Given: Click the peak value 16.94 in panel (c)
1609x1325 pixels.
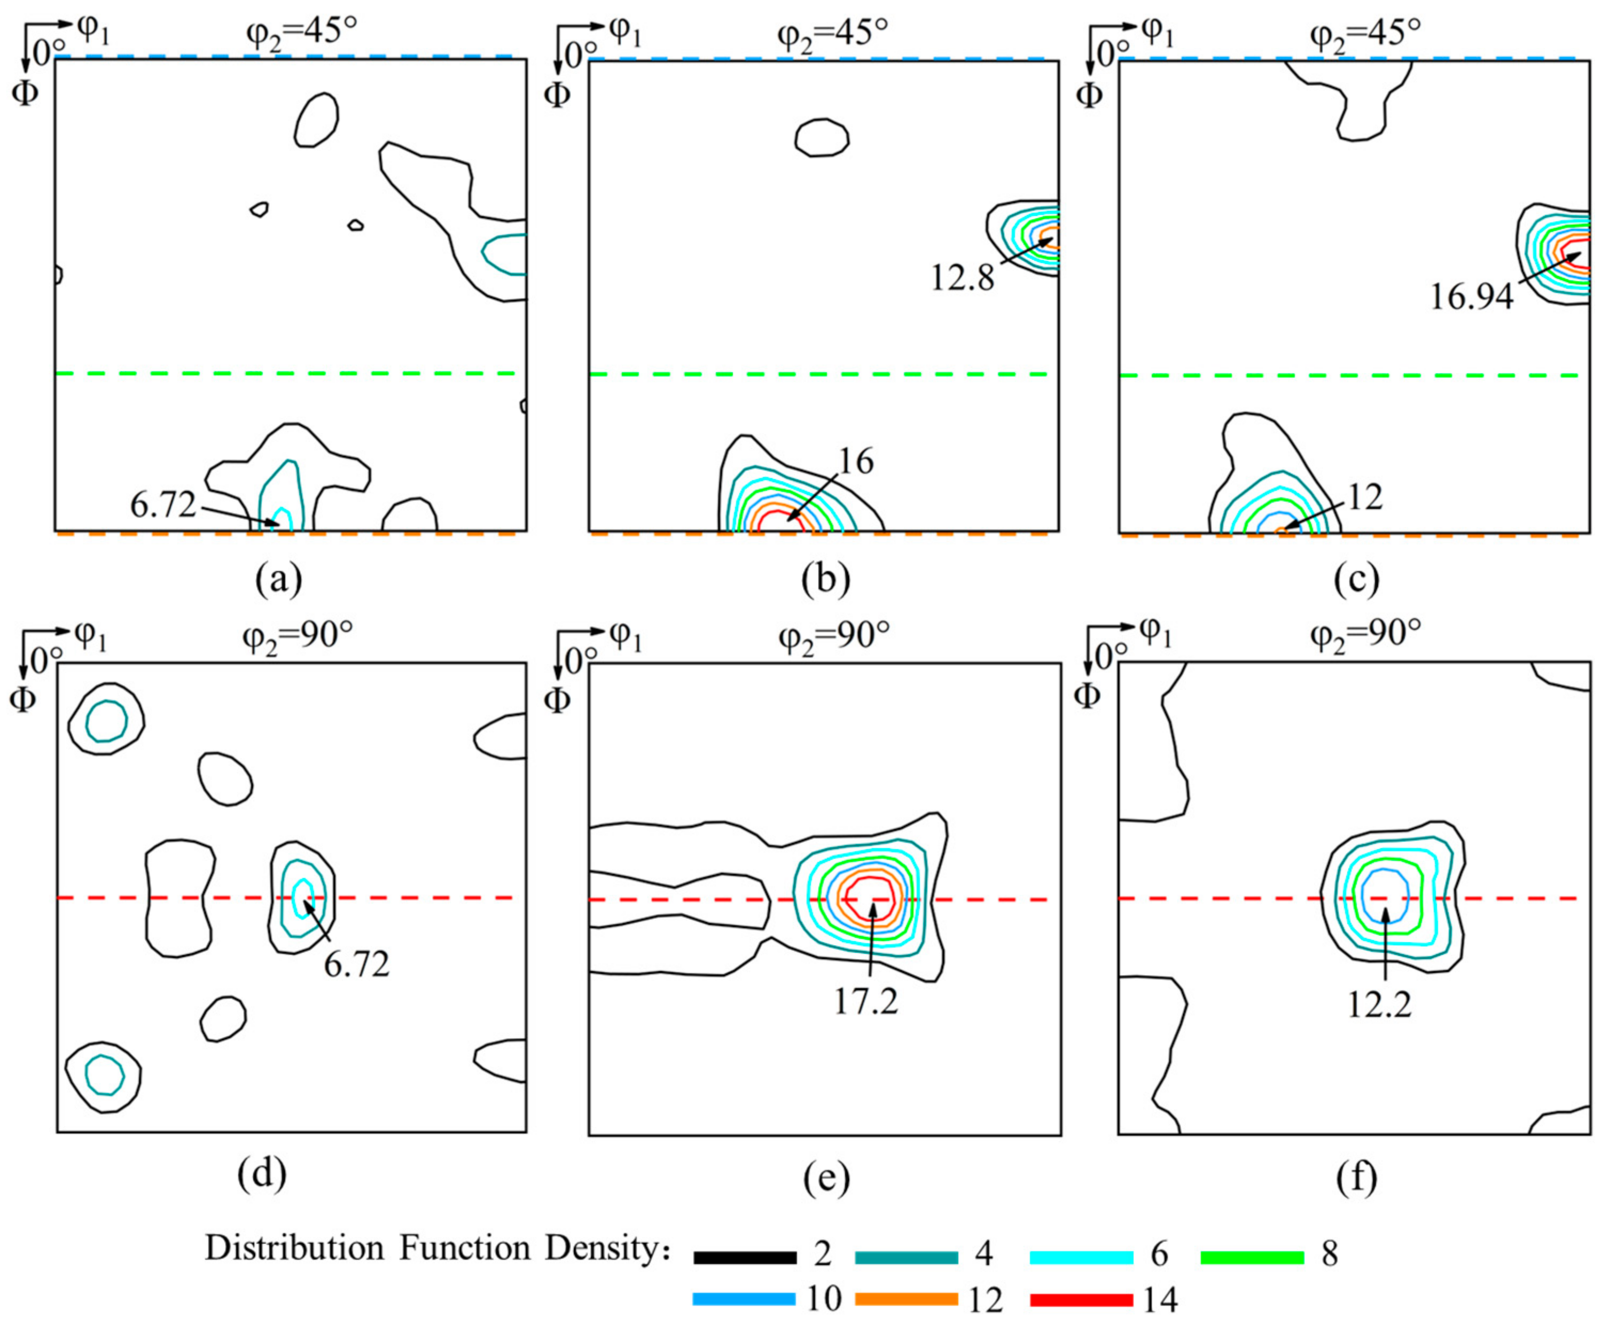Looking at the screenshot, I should (1470, 296).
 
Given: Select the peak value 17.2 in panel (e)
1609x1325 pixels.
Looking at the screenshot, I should (865, 1001).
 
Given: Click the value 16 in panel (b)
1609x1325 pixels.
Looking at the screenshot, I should (855, 462).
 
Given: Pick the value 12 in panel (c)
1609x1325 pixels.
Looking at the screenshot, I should (1365, 497).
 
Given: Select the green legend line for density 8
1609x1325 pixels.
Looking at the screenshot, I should (1252, 1258).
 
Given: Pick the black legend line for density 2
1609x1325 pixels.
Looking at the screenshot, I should (745, 1258).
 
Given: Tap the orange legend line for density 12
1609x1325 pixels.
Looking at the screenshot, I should (907, 1300).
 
